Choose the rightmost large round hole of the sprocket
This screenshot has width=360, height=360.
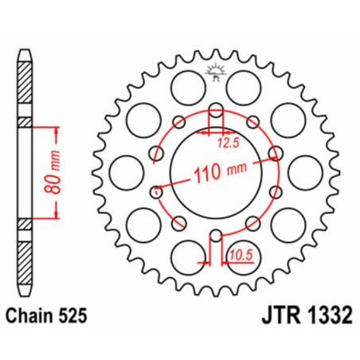pos(304,170)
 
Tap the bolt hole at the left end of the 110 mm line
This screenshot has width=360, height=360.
pos(156,191)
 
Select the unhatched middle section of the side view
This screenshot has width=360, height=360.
pos(27,170)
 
